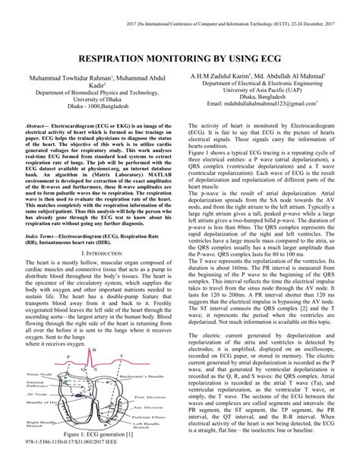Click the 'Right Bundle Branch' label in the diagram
[x=38, y=421]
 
